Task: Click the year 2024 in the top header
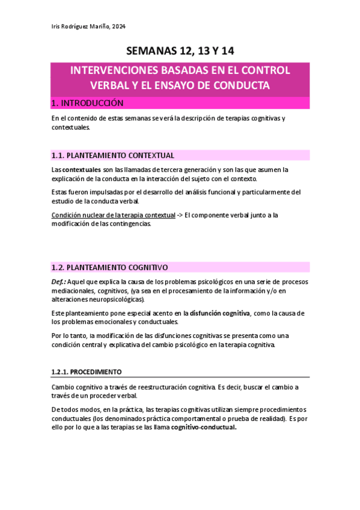(x=119, y=26)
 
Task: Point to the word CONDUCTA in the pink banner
(x=241, y=85)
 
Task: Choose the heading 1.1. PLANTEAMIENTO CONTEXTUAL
(x=113, y=155)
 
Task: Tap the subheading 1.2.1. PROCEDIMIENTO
(x=87, y=372)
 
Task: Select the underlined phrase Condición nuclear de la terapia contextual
(x=114, y=215)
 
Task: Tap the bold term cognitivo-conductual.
(x=204, y=427)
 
